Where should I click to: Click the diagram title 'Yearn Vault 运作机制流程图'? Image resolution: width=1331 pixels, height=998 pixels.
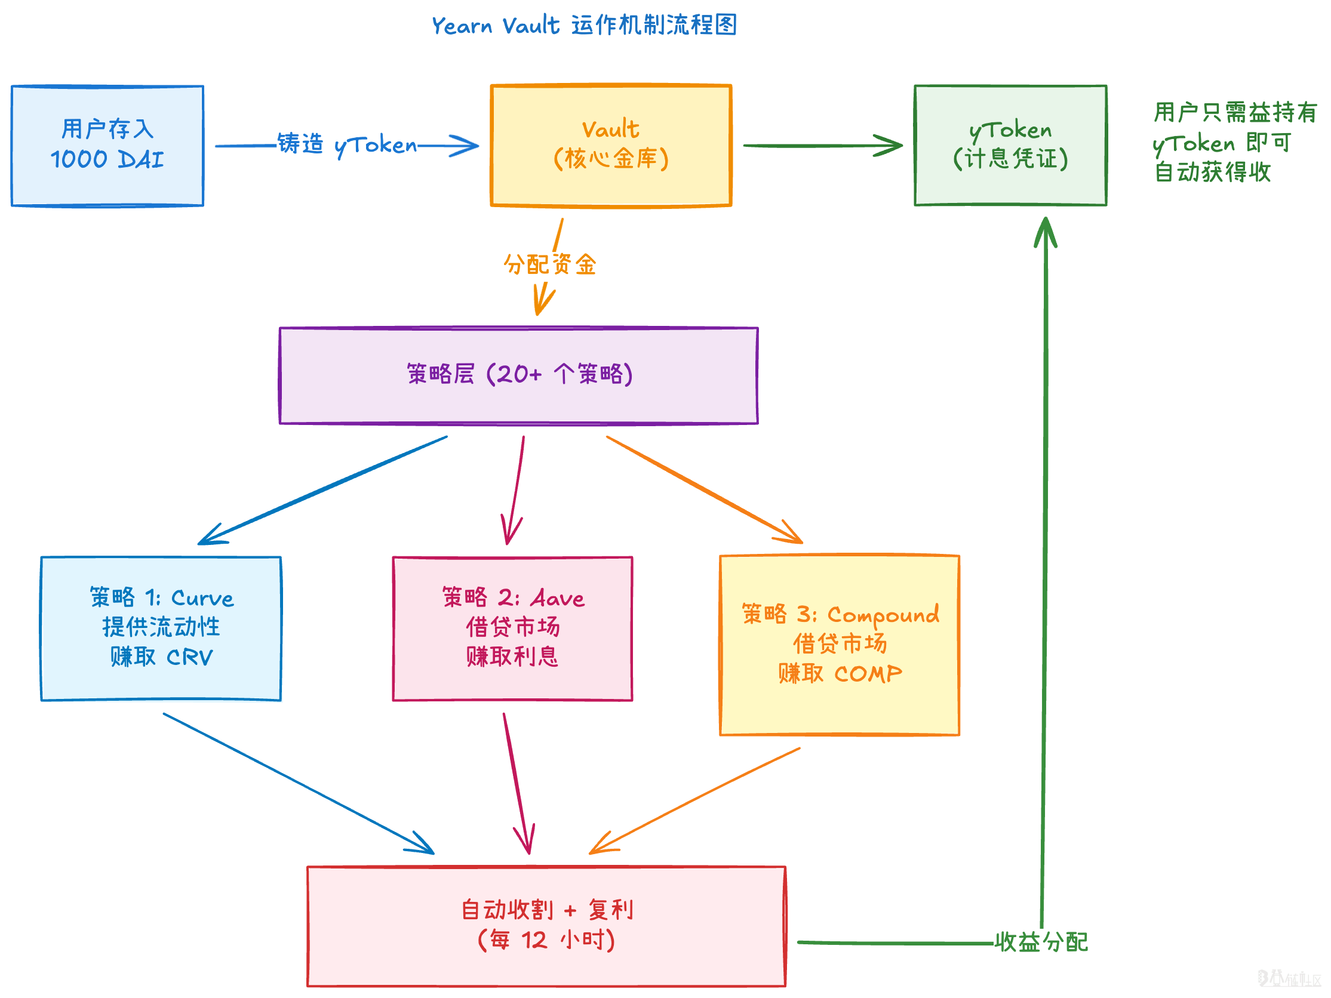click(583, 25)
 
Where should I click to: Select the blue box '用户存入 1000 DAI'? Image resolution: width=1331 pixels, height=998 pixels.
click(107, 146)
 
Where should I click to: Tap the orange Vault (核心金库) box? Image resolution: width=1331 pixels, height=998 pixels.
click(611, 146)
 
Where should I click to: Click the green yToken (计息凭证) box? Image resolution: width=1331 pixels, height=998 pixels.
click(1010, 146)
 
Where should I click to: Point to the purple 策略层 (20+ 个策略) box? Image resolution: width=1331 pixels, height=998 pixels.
click(519, 375)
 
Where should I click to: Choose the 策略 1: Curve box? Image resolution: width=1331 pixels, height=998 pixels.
click(161, 628)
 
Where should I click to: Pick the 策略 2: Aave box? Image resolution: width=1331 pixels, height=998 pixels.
click(512, 628)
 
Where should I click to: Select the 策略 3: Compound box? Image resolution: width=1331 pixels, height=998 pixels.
click(840, 644)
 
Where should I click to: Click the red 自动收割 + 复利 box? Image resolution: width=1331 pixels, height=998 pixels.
click(546, 926)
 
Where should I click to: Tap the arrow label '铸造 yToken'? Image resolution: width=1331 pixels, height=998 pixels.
click(346, 145)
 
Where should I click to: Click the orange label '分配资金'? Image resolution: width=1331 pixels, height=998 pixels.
click(549, 264)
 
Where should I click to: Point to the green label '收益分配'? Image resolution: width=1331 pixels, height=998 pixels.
click(1041, 942)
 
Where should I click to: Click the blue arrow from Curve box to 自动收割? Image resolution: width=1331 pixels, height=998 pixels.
click(298, 783)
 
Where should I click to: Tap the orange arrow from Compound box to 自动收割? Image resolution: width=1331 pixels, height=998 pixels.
click(695, 800)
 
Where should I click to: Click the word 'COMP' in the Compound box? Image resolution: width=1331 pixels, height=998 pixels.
click(868, 674)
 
